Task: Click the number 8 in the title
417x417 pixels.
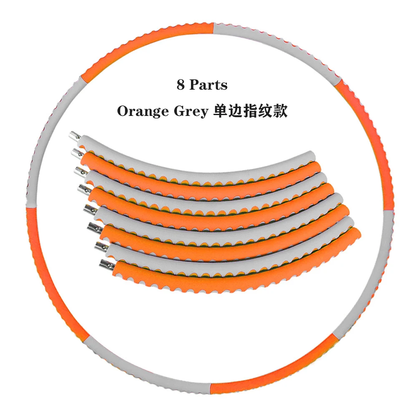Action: (180, 85)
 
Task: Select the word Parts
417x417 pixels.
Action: (208, 85)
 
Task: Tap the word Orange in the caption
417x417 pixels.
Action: (141, 112)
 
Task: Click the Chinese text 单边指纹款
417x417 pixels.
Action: (250, 112)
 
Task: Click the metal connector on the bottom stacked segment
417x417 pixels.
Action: (105, 264)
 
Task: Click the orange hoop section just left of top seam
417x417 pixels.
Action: (146, 42)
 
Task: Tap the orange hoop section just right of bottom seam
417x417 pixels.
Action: (271, 375)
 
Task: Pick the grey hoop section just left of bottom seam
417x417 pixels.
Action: (146, 375)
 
